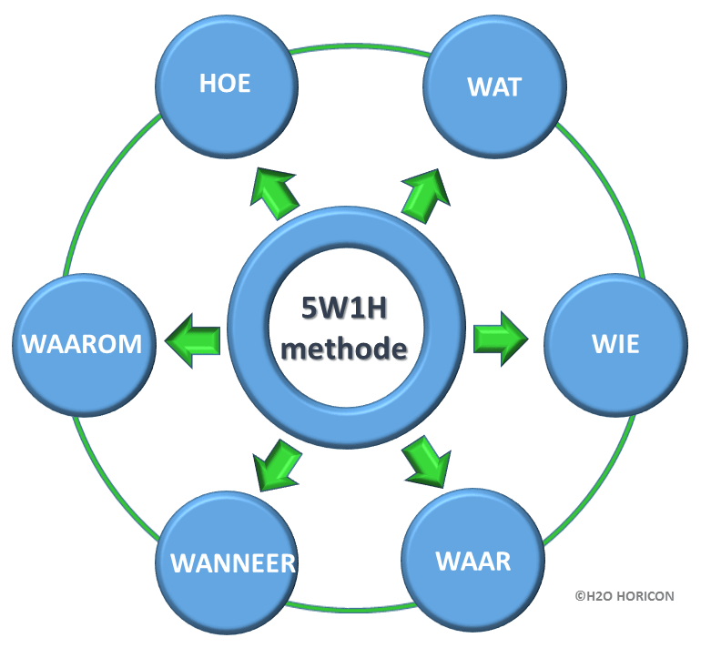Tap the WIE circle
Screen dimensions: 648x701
pos(615,345)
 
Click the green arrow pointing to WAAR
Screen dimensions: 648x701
pos(425,461)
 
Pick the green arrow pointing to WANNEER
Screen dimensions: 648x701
pos(277,461)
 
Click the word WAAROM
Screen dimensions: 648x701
pos(82,345)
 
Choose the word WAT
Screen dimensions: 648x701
pos(494,88)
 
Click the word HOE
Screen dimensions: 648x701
pos(225,85)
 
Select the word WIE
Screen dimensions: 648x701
pos(615,345)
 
